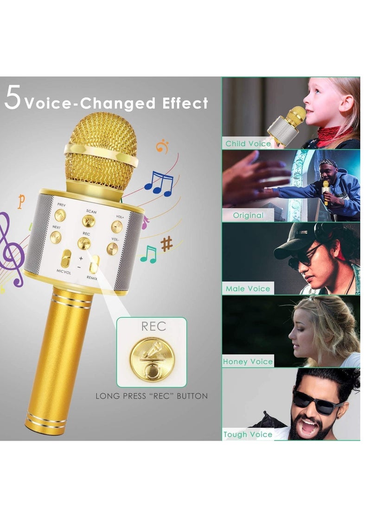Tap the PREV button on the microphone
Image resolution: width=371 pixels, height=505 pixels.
60,215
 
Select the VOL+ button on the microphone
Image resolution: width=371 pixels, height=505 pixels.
117,226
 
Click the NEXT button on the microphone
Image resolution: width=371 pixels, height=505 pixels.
56,237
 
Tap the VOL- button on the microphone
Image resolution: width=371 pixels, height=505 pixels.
113,249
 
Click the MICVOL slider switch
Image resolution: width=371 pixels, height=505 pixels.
66,259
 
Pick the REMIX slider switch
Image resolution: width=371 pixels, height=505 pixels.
95,264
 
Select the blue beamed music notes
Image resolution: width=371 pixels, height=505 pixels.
159,183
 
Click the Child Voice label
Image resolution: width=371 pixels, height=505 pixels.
248,143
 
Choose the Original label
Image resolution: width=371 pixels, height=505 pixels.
248,215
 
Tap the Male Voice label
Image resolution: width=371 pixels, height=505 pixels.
248,288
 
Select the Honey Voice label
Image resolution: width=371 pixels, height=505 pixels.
248,362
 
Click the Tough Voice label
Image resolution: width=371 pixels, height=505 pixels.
248,434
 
